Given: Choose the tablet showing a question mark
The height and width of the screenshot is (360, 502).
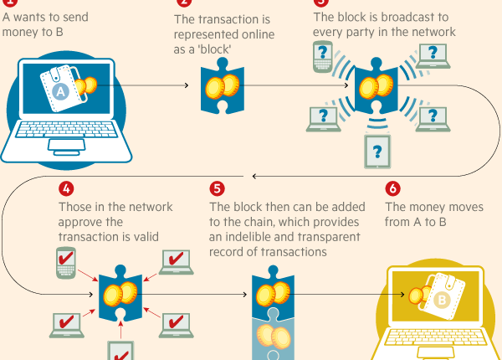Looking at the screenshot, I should (x=377, y=152).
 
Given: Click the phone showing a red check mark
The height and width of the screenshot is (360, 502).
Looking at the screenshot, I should (x=66, y=262).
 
